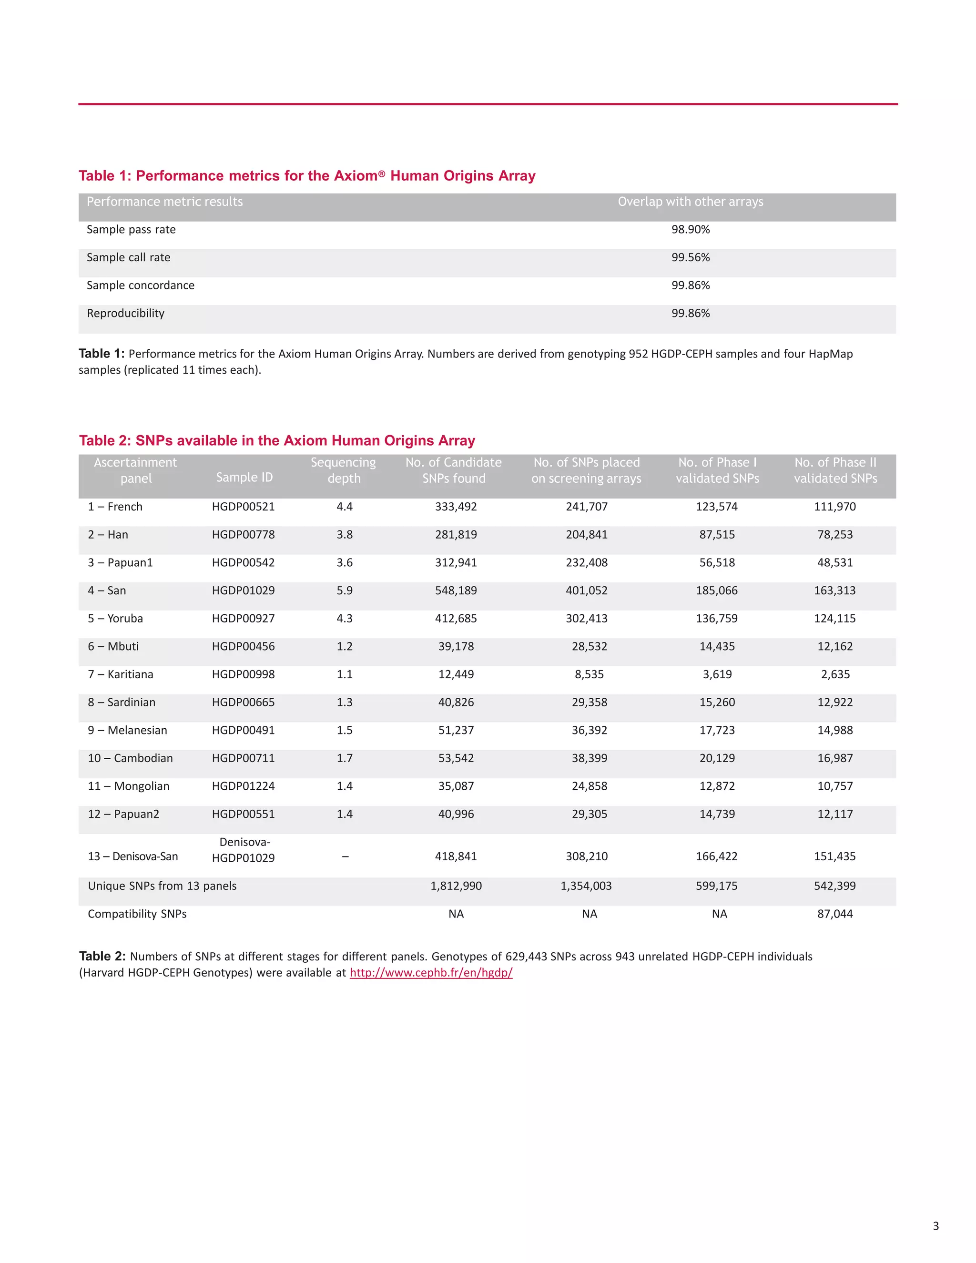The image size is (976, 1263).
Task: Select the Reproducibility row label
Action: click(x=125, y=314)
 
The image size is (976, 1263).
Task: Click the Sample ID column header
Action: click(x=244, y=477)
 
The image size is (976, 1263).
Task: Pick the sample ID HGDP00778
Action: click(x=243, y=535)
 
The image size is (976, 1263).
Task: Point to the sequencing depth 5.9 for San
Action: click(x=344, y=591)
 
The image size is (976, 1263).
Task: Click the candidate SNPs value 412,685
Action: click(x=456, y=619)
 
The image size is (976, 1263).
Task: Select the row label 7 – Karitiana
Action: click(x=120, y=674)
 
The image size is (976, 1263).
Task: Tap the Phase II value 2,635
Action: click(x=835, y=674)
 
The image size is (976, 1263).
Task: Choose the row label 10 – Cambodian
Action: click(x=130, y=758)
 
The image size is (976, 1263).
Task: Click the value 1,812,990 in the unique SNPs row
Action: click(x=456, y=886)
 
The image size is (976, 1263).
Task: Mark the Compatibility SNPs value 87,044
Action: click(x=835, y=914)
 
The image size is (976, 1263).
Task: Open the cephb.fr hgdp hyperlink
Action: click(x=431, y=973)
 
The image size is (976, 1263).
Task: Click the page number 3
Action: click(x=935, y=1225)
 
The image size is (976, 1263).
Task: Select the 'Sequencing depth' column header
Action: click(x=344, y=470)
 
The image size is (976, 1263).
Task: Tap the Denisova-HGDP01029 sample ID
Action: click(x=244, y=850)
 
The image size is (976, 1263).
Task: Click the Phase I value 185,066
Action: click(x=716, y=591)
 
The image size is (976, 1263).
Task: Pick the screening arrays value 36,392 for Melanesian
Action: click(x=589, y=730)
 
